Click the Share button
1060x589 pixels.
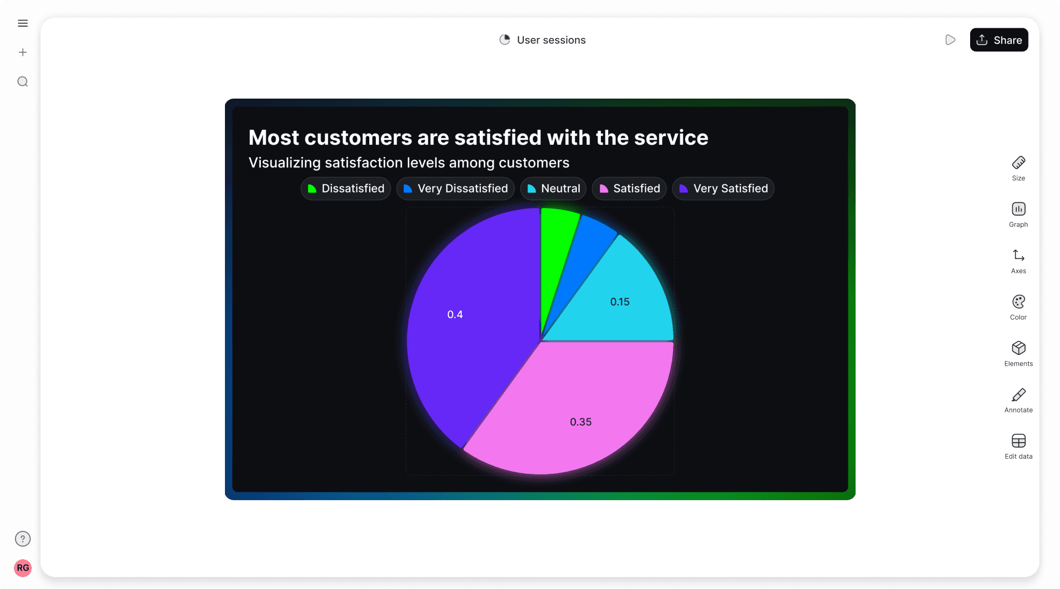998,40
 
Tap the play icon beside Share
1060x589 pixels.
950,40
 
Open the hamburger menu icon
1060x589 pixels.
23,23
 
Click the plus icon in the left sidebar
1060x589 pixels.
23,52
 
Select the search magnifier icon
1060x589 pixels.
23,82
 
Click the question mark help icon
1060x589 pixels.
23,539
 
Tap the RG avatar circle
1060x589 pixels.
23,567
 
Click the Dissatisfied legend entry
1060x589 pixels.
346,188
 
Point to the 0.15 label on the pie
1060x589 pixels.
619,302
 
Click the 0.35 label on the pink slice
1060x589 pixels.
580,422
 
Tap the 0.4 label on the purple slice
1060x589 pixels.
455,314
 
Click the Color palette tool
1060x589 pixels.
1018,307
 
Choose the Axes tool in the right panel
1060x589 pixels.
1018,261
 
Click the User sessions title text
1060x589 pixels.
551,40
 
